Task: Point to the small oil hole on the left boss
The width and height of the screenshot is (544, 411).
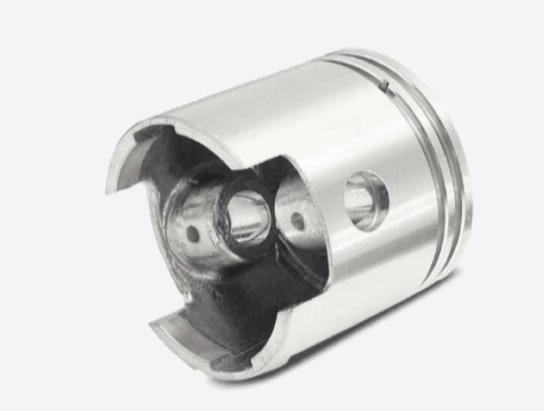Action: [192, 234]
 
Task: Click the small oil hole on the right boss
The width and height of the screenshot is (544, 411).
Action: [297, 220]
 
